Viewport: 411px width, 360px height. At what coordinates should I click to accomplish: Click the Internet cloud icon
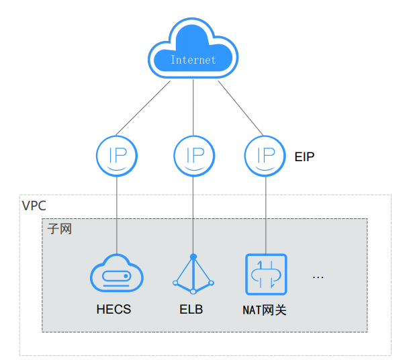tap(193, 50)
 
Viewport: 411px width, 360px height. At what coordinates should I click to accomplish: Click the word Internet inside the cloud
tap(193, 60)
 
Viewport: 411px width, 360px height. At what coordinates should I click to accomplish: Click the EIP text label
tap(304, 156)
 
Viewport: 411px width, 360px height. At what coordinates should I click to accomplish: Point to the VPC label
tap(34, 206)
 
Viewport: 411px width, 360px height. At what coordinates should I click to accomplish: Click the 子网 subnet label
tap(59, 229)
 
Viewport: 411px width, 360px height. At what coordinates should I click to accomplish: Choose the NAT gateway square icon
tap(266, 274)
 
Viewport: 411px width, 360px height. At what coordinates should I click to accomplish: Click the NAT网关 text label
tap(265, 310)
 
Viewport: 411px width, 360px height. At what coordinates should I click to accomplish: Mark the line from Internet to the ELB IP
tap(193, 107)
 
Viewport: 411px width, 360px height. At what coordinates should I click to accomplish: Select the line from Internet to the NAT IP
tap(239, 107)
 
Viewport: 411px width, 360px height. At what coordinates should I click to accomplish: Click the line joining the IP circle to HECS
tap(117, 215)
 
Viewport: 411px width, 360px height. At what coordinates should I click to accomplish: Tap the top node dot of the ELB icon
tap(193, 257)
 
